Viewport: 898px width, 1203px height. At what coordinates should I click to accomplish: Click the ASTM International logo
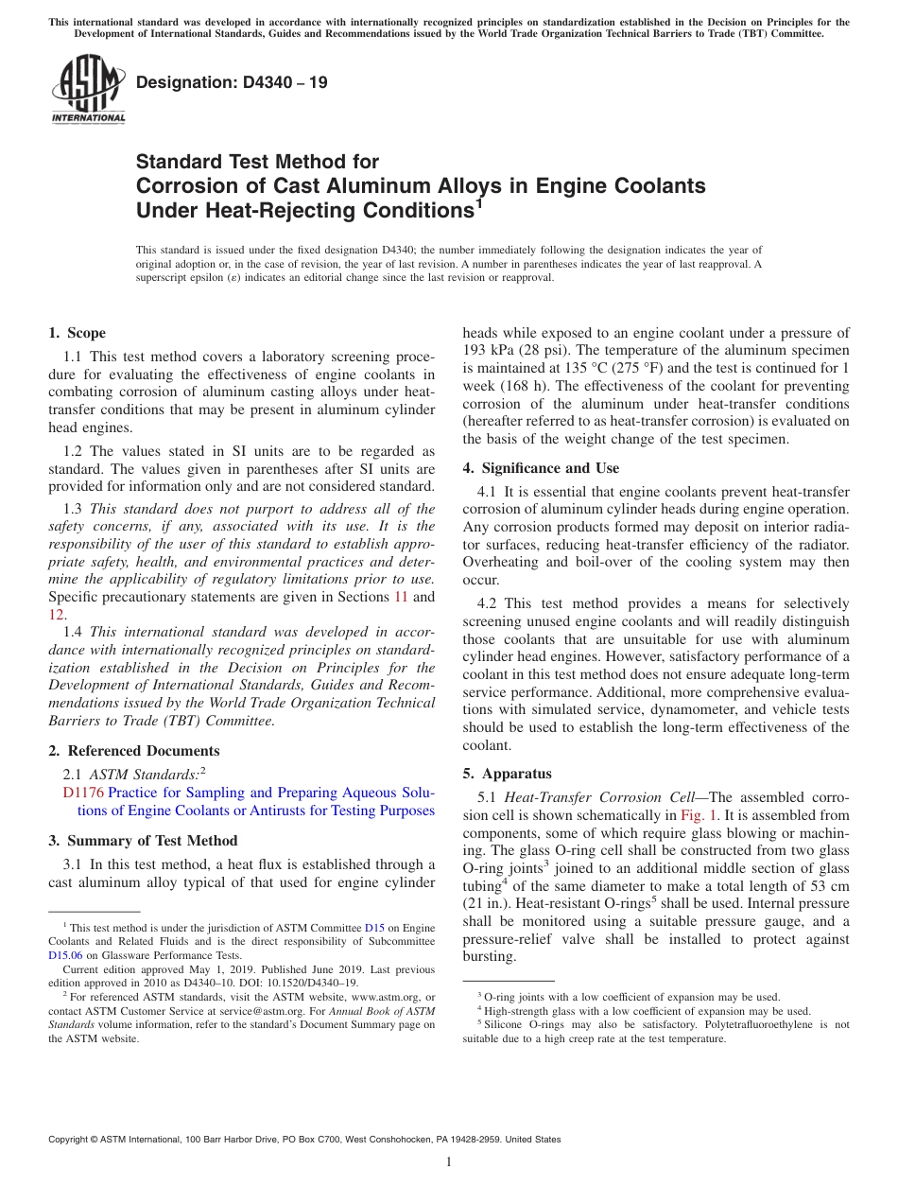click(88, 90)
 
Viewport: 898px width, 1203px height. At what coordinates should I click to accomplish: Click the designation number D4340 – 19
click(232, 82)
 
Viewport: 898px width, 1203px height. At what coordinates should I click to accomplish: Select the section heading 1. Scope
click(78, 333)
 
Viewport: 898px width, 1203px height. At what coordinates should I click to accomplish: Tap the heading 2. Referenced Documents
click(134, 751)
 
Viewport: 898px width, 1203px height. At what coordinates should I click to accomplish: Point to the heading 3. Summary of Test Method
click(143, 841)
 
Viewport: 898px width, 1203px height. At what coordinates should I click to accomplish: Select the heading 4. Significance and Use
click(541, 468)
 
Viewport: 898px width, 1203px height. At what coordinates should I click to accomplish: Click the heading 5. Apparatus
click(507, 774)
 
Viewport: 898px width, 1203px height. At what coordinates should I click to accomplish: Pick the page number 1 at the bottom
click(449, 1161)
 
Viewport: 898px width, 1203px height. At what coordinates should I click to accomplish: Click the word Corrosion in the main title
click(181, 186)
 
